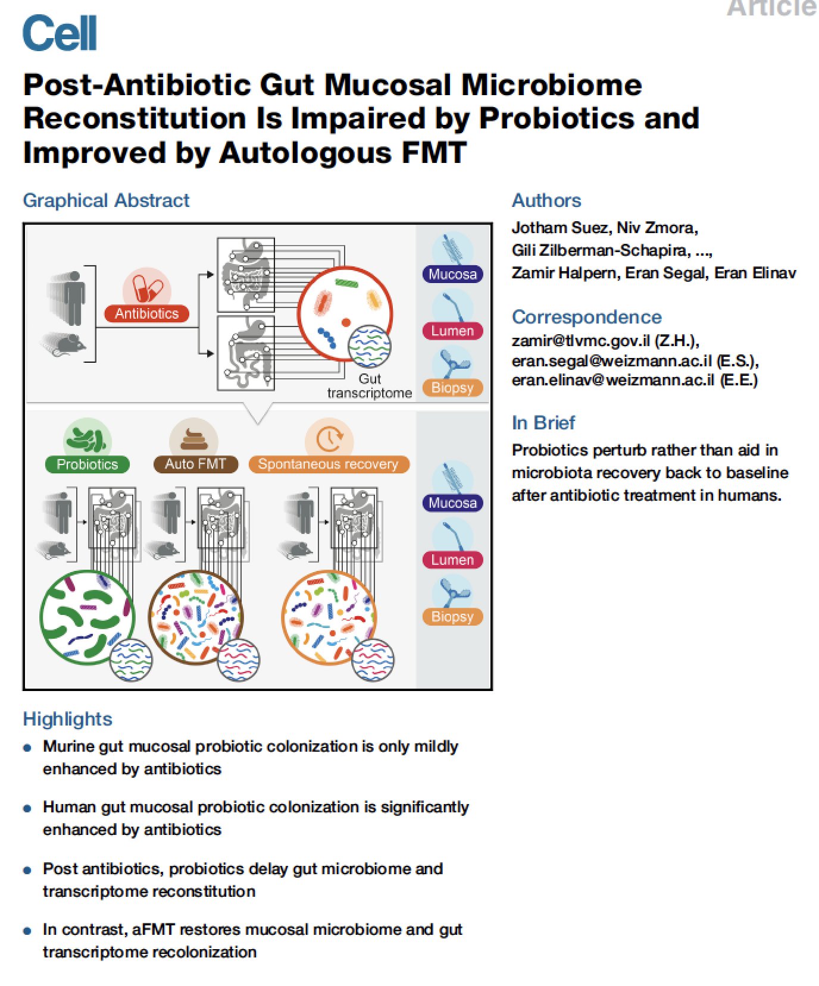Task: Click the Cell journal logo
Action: pos(60,33)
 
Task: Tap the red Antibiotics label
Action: pos(146,313)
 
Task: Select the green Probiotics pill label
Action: pos(87,464)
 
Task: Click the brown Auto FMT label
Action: pos(195,464)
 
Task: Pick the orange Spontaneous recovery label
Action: pos(328,464)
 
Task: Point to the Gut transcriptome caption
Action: pos(369,386)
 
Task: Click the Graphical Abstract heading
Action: pos(106,200)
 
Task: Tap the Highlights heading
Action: pos(67,719)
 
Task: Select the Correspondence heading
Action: pos(586,317)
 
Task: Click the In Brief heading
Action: pos(543,423)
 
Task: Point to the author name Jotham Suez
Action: pos(560,228)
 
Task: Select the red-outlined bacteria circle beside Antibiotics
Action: pos(344,312)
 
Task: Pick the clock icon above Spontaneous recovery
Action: pos(329,439)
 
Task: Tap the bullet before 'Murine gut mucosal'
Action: pos(27,748)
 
